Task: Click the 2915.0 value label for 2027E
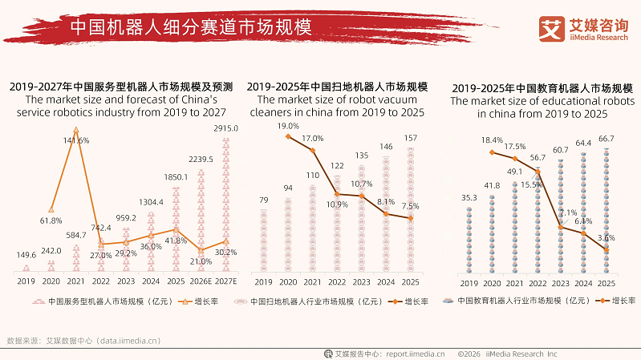pos(225,128)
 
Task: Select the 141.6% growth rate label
pos(76,141)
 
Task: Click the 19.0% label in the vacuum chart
pos(288,127)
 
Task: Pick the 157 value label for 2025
pos(411,138)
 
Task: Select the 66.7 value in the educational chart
pos(607,140)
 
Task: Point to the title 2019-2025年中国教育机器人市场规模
pos(542,87)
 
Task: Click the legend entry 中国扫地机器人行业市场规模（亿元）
pos(308,302)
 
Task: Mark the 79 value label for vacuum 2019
pos(263,200)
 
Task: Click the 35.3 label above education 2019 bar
pos(469,197)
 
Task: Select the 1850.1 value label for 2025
pos(176,177)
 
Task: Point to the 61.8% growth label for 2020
pos(51,220)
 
